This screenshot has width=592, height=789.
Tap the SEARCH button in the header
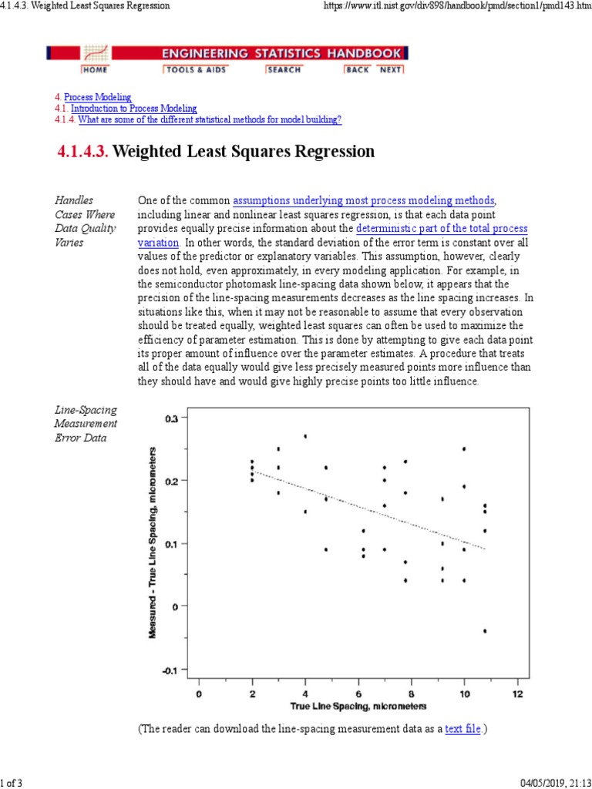pos(284,69)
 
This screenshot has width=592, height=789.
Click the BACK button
pos(358,69)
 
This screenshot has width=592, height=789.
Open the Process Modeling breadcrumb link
pos(97,98)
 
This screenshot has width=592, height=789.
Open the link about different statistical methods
pos(210,120)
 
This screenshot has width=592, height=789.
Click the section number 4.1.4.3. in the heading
pos(84,152)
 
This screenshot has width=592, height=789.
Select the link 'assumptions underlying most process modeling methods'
pos(364,201)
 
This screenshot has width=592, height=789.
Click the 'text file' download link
pos(462,728)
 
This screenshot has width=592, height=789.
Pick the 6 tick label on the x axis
pos(358,693)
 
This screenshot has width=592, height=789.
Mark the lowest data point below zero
pos(485,630)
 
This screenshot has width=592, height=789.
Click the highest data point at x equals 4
pos(305,436)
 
